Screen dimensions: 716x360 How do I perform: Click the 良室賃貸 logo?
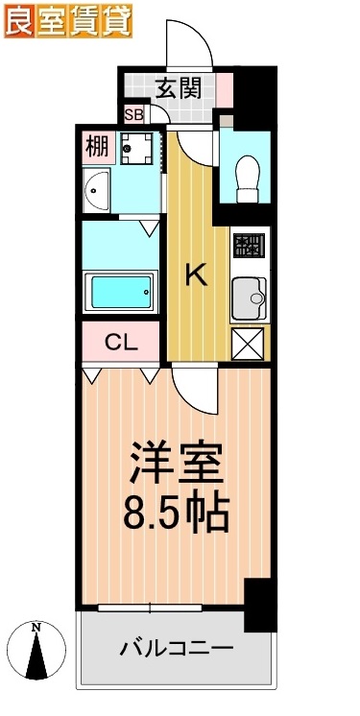coord(67,21)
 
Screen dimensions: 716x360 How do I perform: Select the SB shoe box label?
coord(133,115)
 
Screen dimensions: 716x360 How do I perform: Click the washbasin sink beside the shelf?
coord(97,190)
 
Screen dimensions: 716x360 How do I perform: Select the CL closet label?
coord(121,342)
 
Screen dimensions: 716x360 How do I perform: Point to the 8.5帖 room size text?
coord(177,513)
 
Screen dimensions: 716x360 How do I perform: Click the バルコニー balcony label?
coord(177,650)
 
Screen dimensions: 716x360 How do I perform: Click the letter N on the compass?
coord(36,628)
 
